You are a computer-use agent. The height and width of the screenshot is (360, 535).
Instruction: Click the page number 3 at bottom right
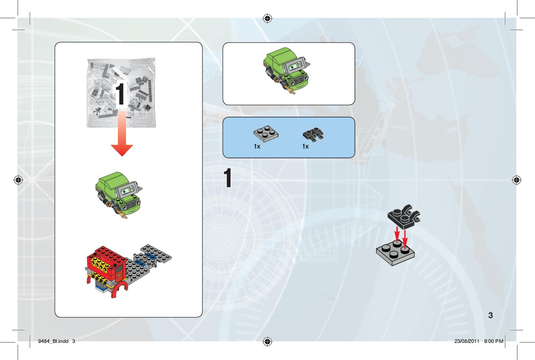tap(490, 315)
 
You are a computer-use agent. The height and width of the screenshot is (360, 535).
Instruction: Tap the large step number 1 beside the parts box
tap(228, 178)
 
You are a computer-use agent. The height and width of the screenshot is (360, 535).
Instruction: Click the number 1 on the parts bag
tap(120, 94)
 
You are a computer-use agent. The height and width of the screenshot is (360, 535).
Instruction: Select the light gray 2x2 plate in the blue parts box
tap(266, 133)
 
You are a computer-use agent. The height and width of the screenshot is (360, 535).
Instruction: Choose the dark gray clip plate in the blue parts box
tap(313, 134)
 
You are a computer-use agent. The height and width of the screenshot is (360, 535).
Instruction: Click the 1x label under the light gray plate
tap(257, 146)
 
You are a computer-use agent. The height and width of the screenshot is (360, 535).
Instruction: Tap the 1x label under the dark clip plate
tap(305, 146)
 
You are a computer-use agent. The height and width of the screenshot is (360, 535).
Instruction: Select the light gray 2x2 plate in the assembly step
tap(395, 253)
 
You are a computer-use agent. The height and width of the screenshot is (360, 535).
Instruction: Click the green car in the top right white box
tap(287, 70)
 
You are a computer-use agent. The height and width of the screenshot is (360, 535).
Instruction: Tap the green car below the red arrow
tap(119, 195)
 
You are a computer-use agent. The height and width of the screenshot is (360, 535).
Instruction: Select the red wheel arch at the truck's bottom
tap(119, 290)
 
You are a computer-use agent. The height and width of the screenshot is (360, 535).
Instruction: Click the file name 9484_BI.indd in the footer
tap(53, 341)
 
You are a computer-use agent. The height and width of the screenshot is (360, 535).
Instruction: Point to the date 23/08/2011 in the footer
tap(467, 341)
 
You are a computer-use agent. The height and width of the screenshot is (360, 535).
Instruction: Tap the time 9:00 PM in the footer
tap(494, 341)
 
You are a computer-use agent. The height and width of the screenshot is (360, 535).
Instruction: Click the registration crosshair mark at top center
tap(267, 18)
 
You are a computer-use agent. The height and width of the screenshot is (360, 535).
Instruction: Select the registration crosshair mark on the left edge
tap(18, 180)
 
